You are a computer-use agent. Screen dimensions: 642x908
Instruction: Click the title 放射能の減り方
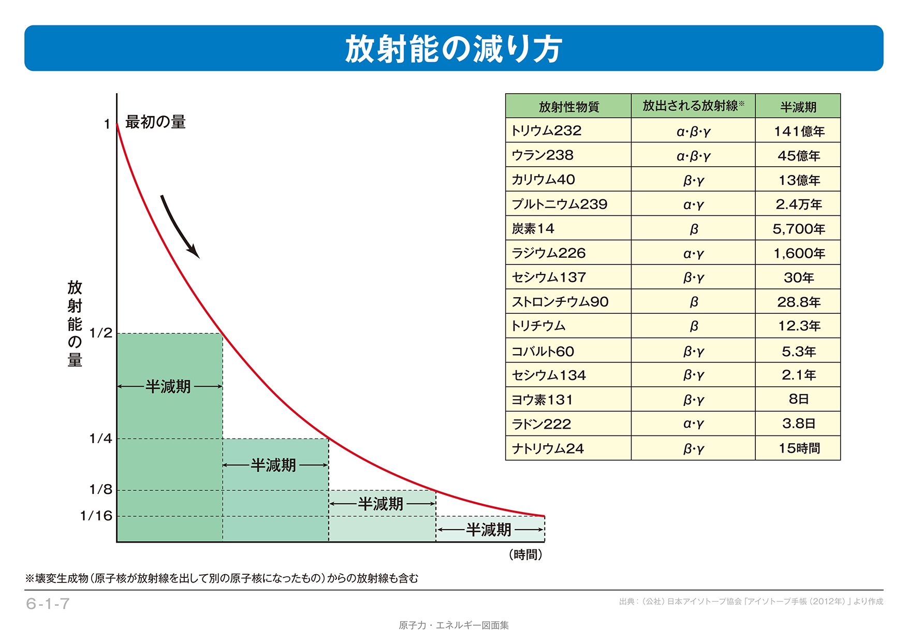coord(453,49)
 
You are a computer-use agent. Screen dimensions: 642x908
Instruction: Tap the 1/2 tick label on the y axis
coord(101,333)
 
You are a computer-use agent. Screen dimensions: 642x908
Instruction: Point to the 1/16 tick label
coord(96,516)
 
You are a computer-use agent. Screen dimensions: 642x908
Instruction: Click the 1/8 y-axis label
coord(101,489)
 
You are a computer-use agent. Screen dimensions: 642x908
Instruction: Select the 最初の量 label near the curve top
coord(155,122)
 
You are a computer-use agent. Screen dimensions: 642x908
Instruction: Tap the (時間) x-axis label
coord(525,555)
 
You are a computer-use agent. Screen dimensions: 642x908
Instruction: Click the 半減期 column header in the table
coord(798,107)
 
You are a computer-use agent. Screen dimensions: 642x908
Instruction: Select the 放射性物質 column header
coord(568,107)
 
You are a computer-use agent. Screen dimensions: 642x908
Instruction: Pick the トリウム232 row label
coord(547,130)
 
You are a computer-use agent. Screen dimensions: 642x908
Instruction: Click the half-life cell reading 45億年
coord(798,155)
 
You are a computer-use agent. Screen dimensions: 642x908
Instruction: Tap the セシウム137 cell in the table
coord(549,278)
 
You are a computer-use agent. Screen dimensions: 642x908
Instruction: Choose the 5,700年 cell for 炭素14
coord(798,229)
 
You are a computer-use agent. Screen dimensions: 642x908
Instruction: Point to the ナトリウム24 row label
coord(548,448)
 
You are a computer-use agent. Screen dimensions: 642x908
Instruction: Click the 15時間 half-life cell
coord(799,448)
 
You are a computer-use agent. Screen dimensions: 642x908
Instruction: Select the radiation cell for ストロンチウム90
coord(694,302)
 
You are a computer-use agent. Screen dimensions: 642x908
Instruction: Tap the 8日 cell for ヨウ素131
coord(798,399)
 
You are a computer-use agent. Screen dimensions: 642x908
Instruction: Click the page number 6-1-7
coord(48,604)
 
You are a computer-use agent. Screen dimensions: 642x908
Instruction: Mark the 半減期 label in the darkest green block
coord(168,386)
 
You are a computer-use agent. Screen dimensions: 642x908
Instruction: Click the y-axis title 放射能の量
coord(75,323)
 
